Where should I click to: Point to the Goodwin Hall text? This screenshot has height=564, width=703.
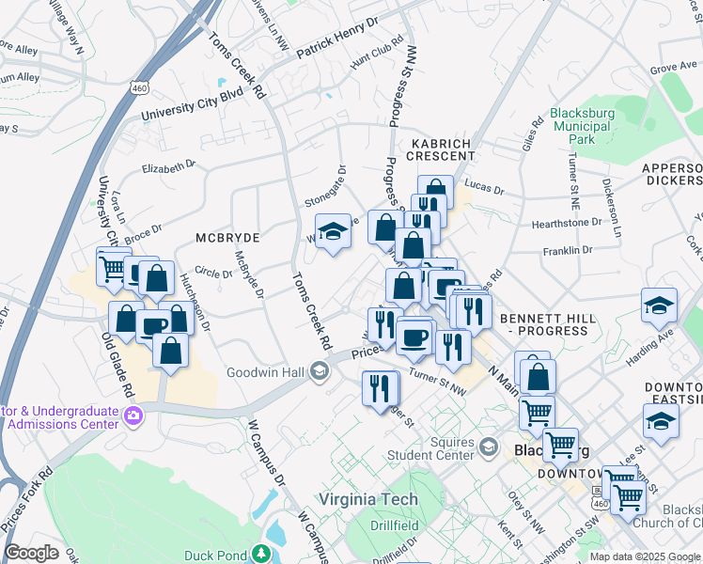coord(266,373)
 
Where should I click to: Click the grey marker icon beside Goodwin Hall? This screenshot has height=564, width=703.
coord(319,373)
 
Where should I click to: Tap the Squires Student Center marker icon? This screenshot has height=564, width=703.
coord(487,446)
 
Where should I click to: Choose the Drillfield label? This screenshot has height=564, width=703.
coord(393,525)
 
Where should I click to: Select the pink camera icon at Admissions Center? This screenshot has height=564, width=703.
coord(133,415)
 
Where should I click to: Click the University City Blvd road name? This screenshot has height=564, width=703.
coord(192,104)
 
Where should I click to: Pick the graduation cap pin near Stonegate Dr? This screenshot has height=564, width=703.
coord(332,231)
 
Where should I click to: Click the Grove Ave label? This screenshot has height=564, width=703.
coord(673,69)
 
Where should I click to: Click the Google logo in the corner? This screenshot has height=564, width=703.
coord(32,553)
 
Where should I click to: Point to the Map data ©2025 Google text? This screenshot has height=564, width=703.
coord(644,556)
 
